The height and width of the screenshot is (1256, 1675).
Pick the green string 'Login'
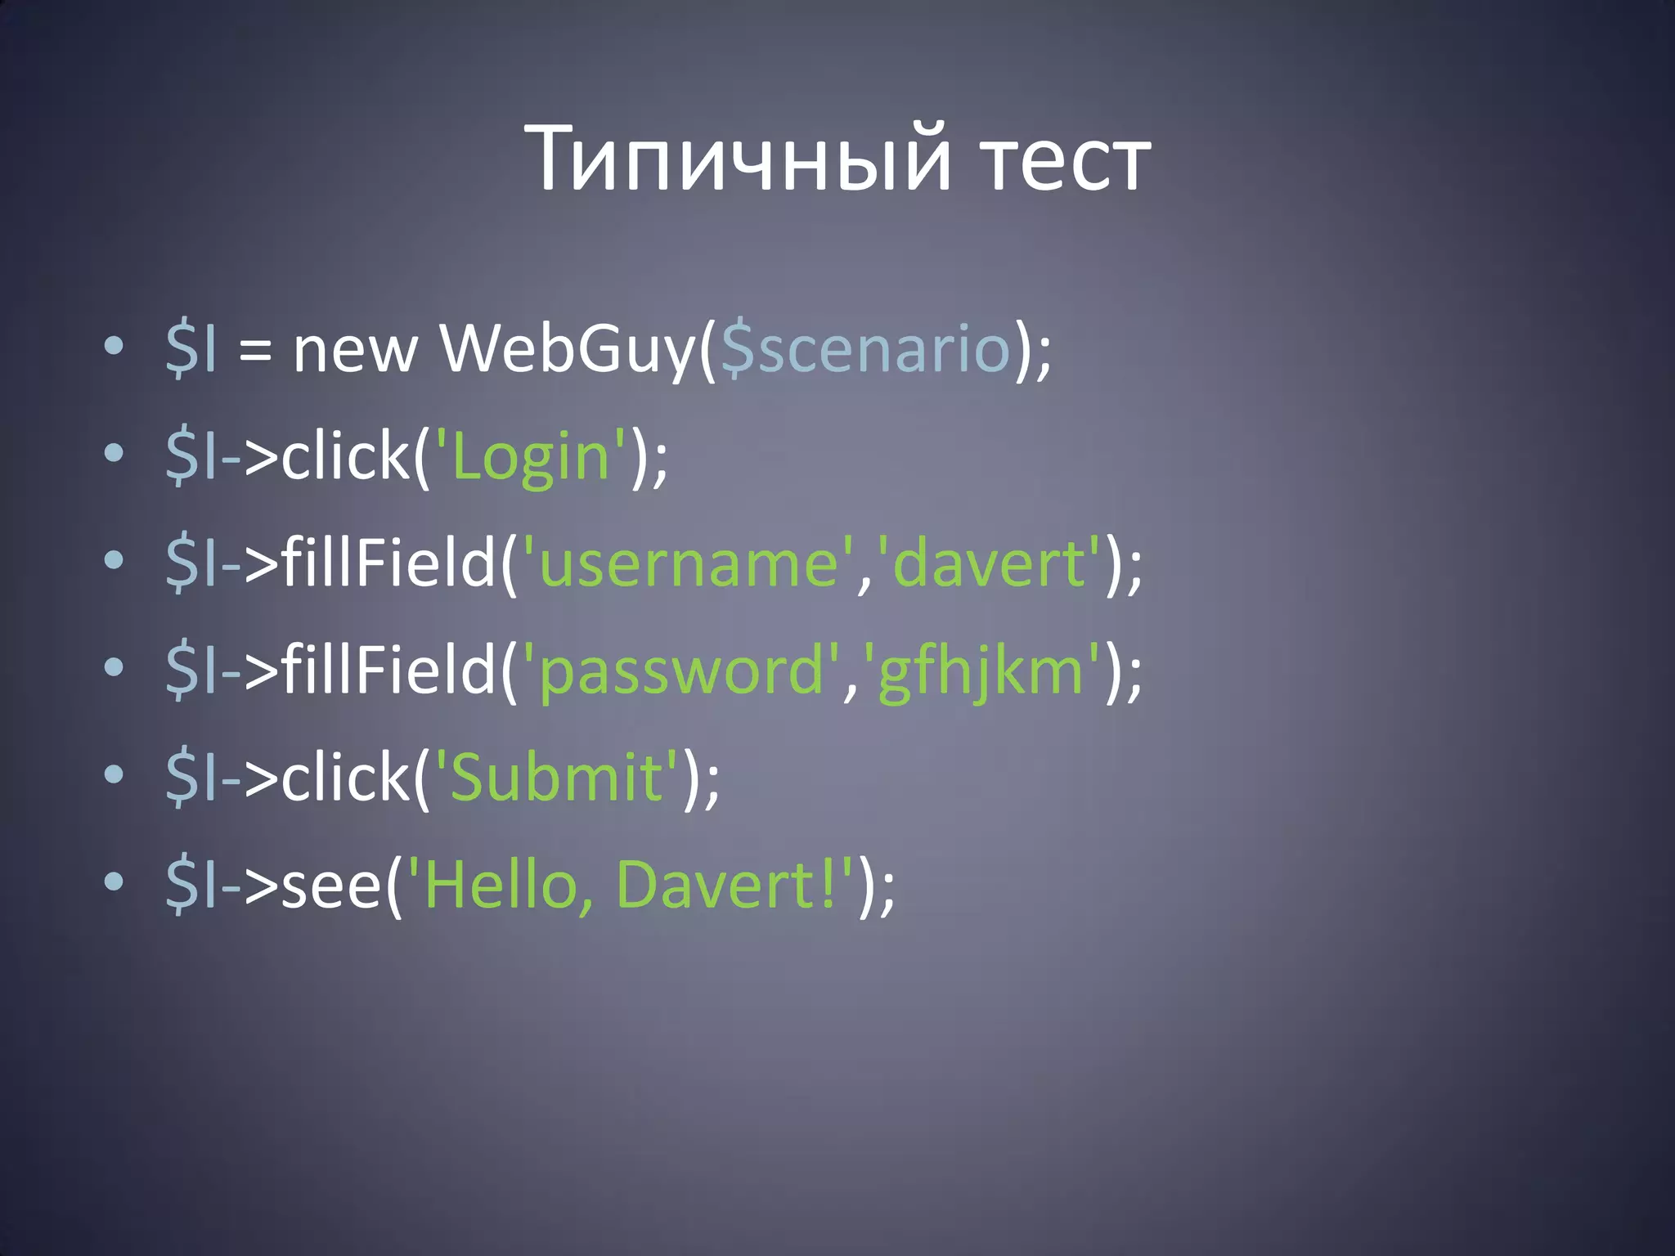coord(531,456)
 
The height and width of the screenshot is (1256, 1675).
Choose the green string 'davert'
coord(988,563)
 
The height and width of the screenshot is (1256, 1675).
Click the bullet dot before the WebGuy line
coord(114,346)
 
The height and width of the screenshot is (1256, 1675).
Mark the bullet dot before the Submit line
coord(114,774)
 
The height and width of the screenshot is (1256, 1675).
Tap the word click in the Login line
coord(344,456)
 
